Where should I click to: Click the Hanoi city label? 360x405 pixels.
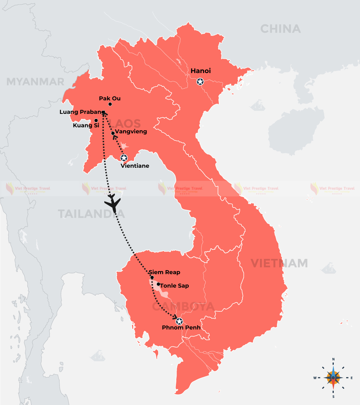pyautogui.click(x=201, y=71)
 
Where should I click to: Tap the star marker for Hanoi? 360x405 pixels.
pyautogui.click(x=200, y=82)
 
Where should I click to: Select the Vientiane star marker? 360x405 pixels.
pyautogui.click(x=124, y=158)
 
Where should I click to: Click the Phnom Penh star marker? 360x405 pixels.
pyautogui.click(x=179, y=322)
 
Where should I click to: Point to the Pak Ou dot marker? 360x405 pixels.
pyautogui.click(x=110, y=104)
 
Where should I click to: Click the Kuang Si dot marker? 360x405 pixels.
pyautogui.click(x=96, y=120)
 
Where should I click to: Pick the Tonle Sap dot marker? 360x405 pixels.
pyautogui.click(x=158, y=284)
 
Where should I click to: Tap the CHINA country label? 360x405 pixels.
pyautogui.click(x=280, y=29)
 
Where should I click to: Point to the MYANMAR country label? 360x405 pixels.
pyautogui.click(x=35, y=82)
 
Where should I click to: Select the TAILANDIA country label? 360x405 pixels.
pyautogui.click(x=91, y=214)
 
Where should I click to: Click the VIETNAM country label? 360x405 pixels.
pyautogui.click(x=279, y=263)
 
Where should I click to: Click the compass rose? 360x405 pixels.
pyautogui.click(x=333, y=377)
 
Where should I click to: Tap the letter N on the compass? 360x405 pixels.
pyautogui.click(x=333, y=359)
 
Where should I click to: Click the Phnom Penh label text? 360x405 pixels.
pyautogui.click(x=181, y=328)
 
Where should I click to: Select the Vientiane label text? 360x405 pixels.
pyautogui.click(x=135, y=166)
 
